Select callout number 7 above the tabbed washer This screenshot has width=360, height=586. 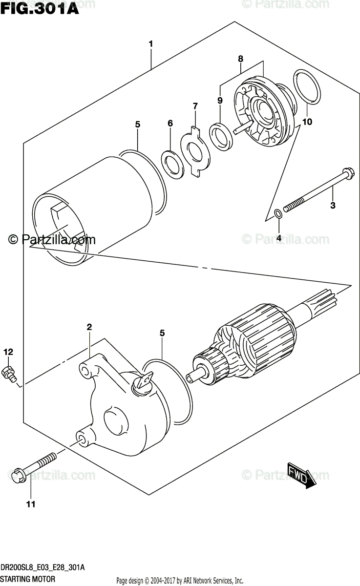(x=195, y=106)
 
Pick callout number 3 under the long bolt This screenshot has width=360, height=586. (x=333, y=206)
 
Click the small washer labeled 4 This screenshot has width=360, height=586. (x=278, y=213)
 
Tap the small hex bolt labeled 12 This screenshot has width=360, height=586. (x=10, y=373)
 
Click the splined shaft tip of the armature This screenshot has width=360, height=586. (x=325, y=297)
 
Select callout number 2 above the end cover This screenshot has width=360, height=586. (x=89, y=326)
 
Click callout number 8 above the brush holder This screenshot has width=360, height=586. (x=240, y=59)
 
